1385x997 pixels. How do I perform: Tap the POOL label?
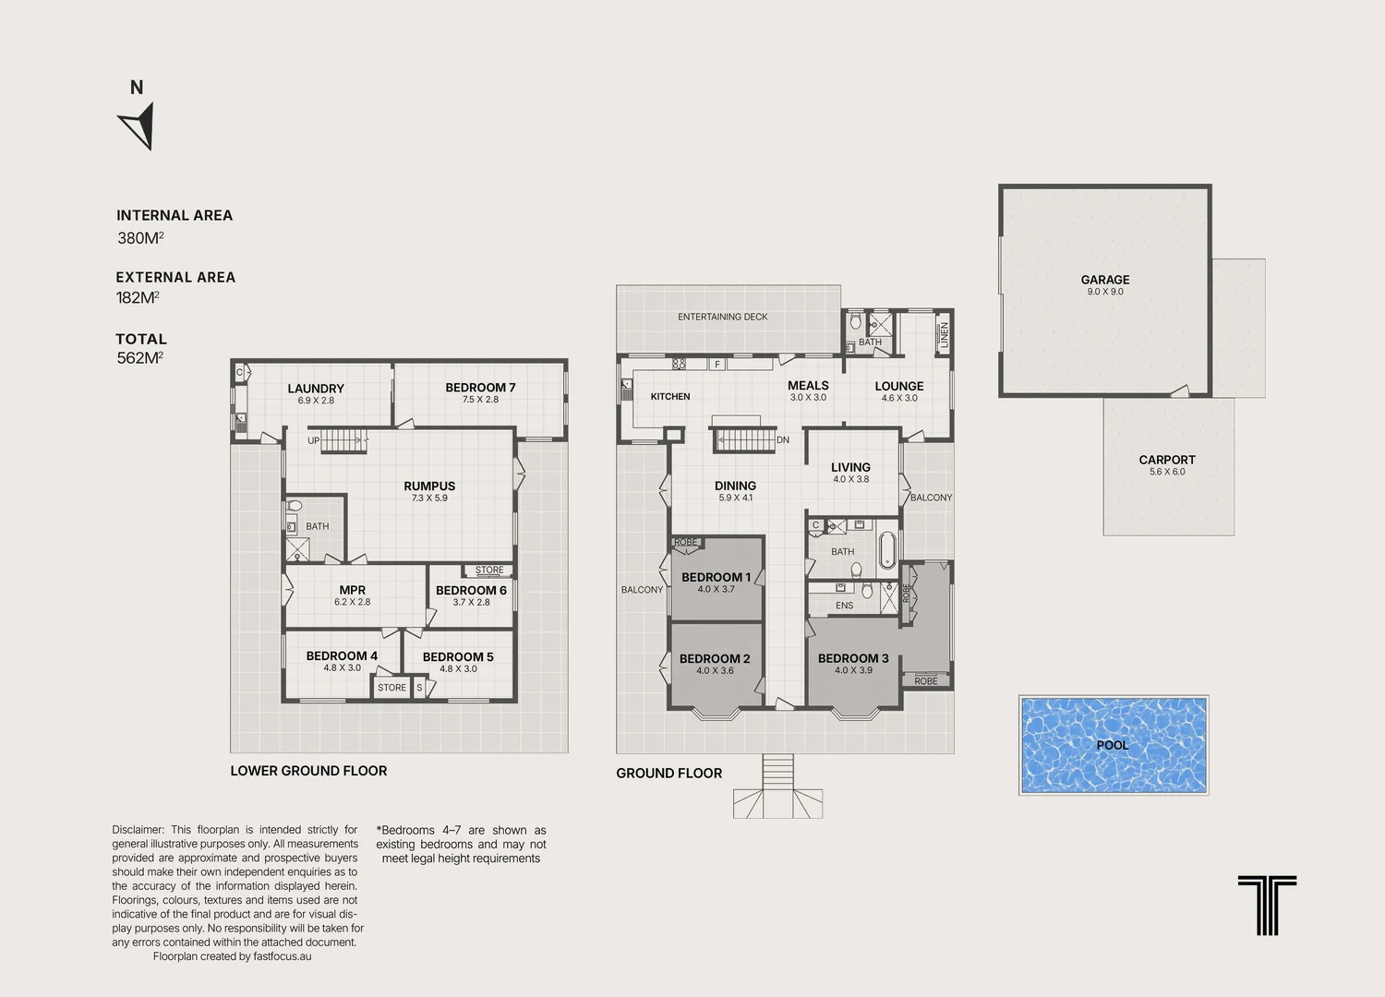point(1113,745)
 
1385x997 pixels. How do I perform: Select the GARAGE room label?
point(1105,280)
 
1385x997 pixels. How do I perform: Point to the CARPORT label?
point(1167,460)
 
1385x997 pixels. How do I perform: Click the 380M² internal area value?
point(140,238)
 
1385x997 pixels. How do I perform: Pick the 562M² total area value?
point(139,358)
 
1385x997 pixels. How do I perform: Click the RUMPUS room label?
point(429,486)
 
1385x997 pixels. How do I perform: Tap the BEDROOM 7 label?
point(480,388)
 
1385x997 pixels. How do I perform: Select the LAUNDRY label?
point(316,389)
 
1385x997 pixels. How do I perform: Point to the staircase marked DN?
point(744,440)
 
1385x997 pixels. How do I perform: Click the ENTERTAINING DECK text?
point(722,317)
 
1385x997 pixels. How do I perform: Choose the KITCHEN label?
point(670,396)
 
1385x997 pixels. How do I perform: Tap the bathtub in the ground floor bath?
point(886,549)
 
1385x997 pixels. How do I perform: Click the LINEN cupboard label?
point(945,335)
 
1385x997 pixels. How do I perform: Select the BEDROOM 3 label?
point(853,658)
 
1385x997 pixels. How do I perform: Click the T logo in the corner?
point(1267,906)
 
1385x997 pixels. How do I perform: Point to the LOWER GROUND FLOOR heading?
point(308,771)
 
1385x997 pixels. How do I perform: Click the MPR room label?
point(353,590)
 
